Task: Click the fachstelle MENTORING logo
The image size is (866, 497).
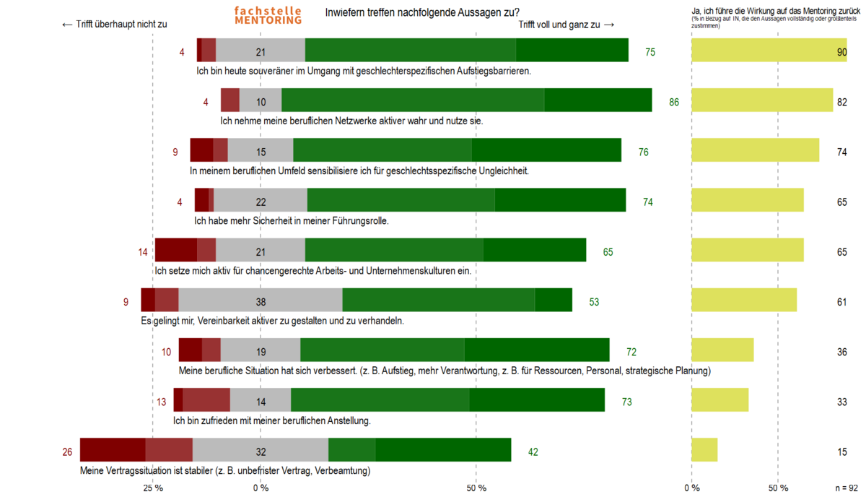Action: (268, 15)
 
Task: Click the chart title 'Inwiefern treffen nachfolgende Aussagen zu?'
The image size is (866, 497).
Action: (422, 12)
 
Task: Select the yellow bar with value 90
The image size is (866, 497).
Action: (769, 50)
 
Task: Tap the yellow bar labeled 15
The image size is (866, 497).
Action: (704, 449)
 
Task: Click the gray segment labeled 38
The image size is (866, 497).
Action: (261, 300)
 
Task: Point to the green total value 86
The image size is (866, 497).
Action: (674, 102)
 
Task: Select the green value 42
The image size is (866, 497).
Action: (533, 452)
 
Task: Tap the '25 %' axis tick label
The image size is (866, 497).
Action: (152, 488)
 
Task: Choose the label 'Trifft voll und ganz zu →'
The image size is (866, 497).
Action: (567, 24)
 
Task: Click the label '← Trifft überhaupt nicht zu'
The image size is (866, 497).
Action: (115, 24)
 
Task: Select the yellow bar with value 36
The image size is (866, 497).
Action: (722, 350)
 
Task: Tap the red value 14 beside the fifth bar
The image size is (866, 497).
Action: (143, 252)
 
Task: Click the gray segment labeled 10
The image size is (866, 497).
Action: (261, 100)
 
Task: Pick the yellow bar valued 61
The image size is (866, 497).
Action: (744, 300)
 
